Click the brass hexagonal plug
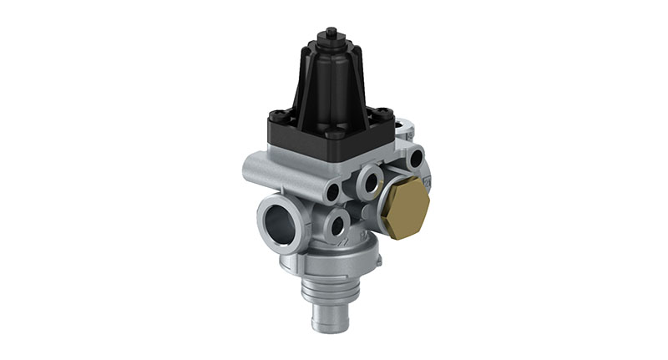tap(404, 205)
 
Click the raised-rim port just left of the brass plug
tap(367, 181)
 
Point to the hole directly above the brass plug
tap(414, 156)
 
